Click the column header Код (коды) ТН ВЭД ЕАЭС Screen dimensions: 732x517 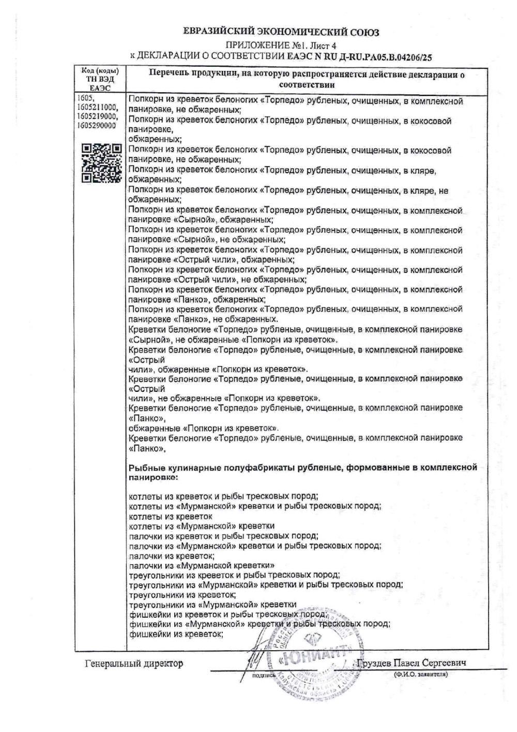pos(100,79)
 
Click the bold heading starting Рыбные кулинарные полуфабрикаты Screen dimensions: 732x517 pos(302,472)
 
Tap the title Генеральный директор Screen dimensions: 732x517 pos(133,663)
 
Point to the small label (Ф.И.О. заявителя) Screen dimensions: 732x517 pos(420,674)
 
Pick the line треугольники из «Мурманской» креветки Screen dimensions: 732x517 pos(212,604)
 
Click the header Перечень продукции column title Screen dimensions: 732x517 pos(306,79)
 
